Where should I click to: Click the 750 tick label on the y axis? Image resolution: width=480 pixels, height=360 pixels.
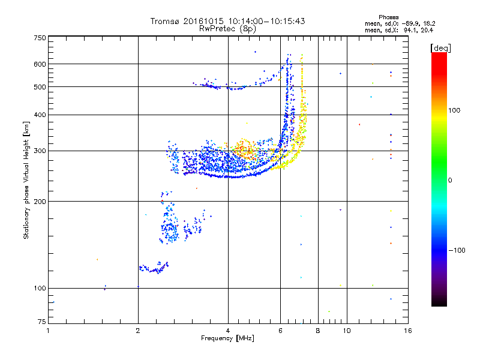[40, 37]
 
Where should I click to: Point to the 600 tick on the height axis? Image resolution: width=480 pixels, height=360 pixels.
[40, 64]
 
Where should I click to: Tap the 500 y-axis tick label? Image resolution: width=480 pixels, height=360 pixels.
[40, 86]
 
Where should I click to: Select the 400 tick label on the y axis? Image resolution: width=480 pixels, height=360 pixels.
[40, 115]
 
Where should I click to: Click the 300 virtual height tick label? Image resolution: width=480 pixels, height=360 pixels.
[40, 151]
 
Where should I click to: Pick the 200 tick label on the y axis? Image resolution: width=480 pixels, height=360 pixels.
[40, 201]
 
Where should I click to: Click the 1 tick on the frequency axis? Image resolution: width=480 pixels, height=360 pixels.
[48, 331]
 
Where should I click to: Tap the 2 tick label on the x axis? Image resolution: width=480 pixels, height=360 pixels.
[138, 331]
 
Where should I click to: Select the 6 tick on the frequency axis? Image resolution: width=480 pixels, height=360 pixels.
[281, 331]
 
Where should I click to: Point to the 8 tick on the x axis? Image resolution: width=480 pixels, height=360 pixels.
[318, 331]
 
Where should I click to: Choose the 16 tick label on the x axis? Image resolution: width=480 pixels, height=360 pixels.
[407, 331]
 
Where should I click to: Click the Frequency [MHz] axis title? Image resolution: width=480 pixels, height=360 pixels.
[227, 338]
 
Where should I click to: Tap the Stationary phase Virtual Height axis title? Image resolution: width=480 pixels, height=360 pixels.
[26, 180]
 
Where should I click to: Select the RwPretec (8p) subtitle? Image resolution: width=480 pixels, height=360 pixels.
[227, 28]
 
